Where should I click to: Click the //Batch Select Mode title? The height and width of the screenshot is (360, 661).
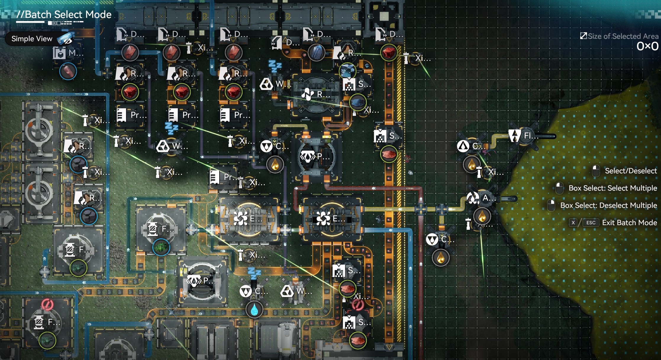click(64, 15)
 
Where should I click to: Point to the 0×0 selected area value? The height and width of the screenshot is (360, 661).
click(647, 46)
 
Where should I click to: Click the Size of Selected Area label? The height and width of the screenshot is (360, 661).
click(623, 36)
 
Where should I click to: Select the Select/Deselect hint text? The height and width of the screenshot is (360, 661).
click(631, 171)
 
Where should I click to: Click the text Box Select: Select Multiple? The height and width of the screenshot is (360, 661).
click(612, 188)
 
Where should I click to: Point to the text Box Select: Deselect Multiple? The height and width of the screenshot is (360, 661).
click(608, 205)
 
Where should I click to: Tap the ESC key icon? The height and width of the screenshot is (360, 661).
click(591, 223)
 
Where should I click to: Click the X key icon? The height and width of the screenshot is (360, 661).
click(573, 223)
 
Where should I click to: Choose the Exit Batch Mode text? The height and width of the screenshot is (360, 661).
click(629, 223)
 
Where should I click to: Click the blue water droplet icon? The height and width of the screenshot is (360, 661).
click(254, 310)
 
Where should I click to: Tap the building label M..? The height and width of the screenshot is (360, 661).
click(76, 53)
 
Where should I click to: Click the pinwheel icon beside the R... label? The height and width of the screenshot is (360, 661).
click(307, 94)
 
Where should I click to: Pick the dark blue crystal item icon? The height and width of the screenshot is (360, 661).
click(316, 53)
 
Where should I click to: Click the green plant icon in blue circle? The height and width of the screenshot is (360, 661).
click(161, 247)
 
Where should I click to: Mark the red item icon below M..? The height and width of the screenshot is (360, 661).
click(68, 72)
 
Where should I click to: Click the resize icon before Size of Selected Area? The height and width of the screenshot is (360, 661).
click(583, 36)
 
